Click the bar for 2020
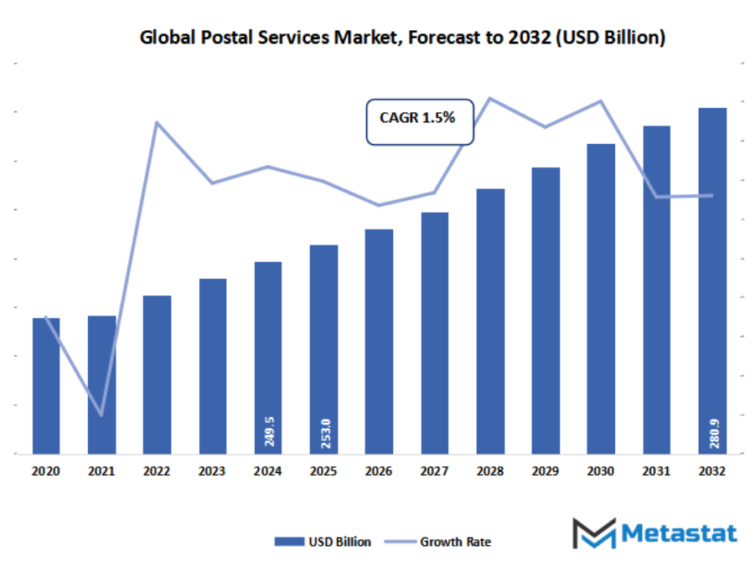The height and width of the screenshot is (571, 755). pyautogui.click(x=46, y=385)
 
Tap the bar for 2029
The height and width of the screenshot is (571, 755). pyautogui.click(x=546, y=310)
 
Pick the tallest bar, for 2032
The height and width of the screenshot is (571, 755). pyautogui.click(x=712, y=280)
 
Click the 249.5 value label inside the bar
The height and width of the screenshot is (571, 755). pyautogui.click(x=268, y=431)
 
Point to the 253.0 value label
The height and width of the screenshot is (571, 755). pyautogui.click(x=323, y=431)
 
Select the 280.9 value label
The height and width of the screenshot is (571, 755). pyautogui.click(x=712, y=431)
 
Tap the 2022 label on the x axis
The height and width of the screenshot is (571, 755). pyautogui.click(x=157, y=472)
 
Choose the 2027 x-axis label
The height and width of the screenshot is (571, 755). pyautogui.click(x=434, y=472)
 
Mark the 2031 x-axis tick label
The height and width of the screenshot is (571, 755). pyautogui.click(x=656, y=472)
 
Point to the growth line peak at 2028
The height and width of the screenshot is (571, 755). pyautogui.click(x=489, y=98)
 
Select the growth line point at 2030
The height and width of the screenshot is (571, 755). pyautogui.click(x=601, y=101)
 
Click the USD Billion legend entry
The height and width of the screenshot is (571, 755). pyautogui.click(x=323, y=542)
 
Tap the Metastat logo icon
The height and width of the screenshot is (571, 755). pyautogui.click(x=593, y=533)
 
